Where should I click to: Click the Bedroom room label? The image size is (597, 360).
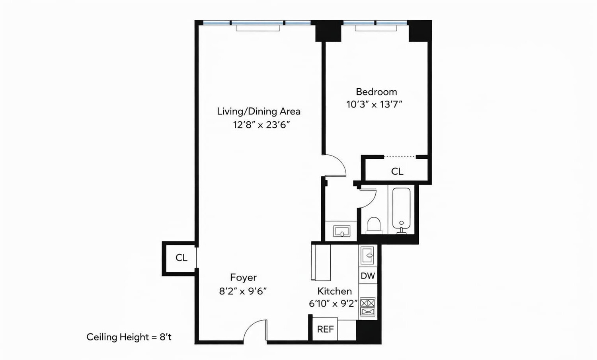(x=376, y=92)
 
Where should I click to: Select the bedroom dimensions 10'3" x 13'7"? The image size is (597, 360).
(x=374, y=105)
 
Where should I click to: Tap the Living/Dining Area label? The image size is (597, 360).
(x=258, y=111)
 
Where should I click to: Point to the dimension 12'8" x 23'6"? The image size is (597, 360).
(x=261, y=125)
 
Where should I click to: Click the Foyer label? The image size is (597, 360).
(x=243, y=277)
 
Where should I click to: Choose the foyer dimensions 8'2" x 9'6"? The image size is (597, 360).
(x=243, y=291)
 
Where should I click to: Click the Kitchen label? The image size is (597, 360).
(x=334, y=291)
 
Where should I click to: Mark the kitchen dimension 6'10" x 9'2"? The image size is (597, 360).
(x=333, y=304)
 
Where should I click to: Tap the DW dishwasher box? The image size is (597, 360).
(x=367, y=276)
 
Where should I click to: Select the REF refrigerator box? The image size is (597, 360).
(x=325, y=329)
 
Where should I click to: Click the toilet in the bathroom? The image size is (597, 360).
(x=374, y=225)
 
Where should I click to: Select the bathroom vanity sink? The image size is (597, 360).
(x=341, y=231)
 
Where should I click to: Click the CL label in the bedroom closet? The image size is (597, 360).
(x=397, y=171)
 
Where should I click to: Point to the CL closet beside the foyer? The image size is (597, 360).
(x=181, y=258)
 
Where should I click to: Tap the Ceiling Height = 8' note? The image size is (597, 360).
(x=129, y=337)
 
